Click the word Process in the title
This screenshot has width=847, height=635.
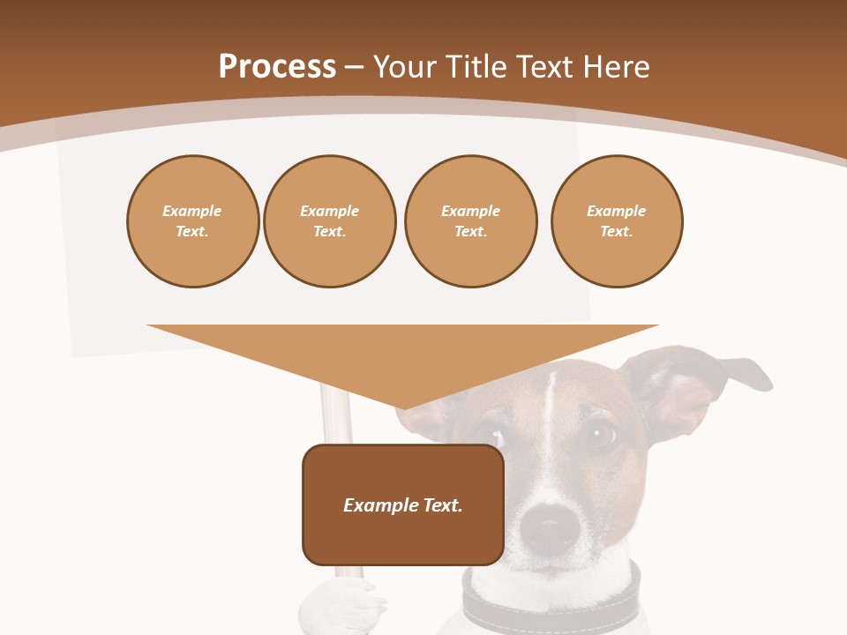point(277,67)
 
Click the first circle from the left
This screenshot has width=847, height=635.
point(192,221)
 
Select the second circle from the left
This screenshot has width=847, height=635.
point(329,221)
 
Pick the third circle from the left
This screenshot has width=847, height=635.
point(470,221)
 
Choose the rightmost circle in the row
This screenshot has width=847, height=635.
point(616,221)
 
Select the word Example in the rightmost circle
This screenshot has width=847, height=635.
point(616,211)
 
